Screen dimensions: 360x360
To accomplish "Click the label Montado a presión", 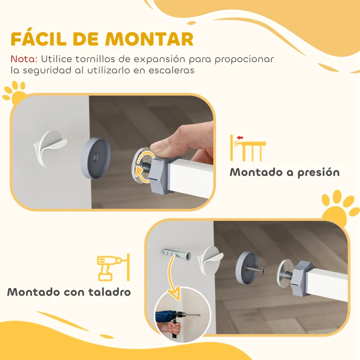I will [284, 172].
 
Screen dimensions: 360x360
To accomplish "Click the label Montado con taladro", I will [69, 292].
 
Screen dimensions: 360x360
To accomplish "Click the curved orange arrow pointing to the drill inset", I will [171, 274].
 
